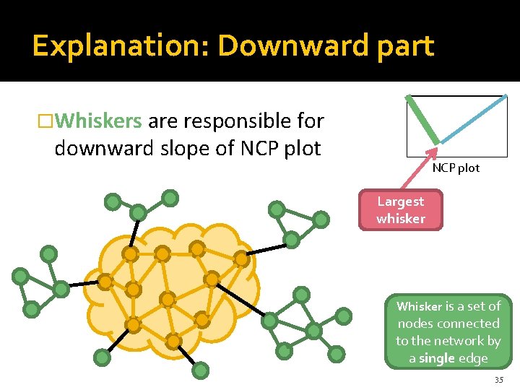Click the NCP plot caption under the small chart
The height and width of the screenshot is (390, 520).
(456, 168)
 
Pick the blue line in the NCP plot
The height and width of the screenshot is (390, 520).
(474, 119)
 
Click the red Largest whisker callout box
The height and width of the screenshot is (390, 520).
(401, 209)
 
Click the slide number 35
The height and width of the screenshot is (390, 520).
(499, 379)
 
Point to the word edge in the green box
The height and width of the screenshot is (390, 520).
(474, 358)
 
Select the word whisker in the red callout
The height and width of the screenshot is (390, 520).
(401, 218)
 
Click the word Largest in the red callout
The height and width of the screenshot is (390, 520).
(401, 201)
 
